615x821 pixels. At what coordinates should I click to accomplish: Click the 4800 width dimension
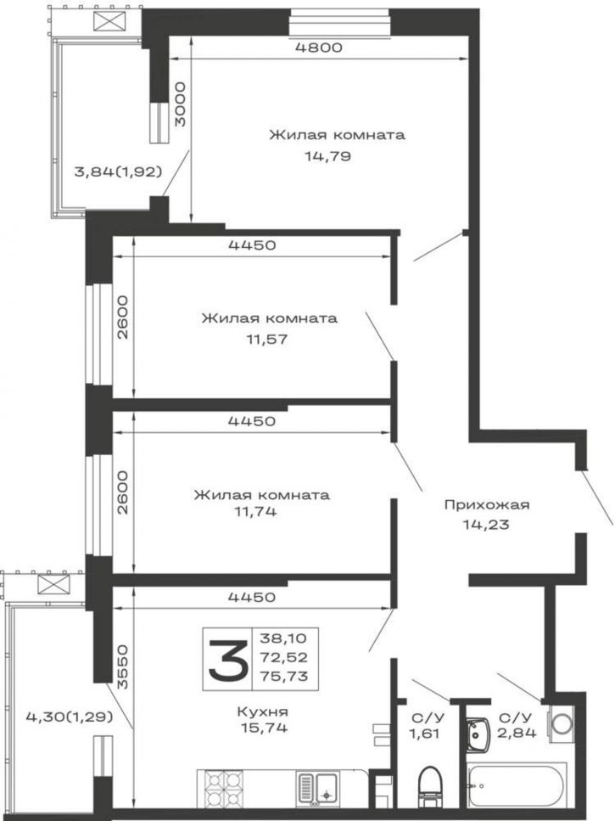pyautogui.click(x=318, y=48)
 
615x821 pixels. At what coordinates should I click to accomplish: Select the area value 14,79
pyautogui.click(x=328, y=156)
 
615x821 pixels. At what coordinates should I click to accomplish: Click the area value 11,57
pyautogui.click(x=267, y=339)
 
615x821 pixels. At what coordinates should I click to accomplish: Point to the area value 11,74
pyautogui.click(x=256, y=511)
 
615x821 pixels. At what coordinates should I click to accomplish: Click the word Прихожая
pyautogui.click(x=487, y=505)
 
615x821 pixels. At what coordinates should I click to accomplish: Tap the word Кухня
pyautogui.click(x=263, y=711)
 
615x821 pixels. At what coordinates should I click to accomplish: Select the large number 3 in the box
pyautogui.click(x=228, y=659)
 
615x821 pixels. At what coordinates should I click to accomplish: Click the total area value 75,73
pyautogui.click(x=283, y=676)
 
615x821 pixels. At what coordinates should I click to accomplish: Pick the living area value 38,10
pyautogui.click(x=283, y=638)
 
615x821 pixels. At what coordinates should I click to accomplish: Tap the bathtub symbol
pyautogui.click(x=517, y=786)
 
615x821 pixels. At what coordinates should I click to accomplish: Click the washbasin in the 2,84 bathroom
pyautogui.click(x=478, y=733)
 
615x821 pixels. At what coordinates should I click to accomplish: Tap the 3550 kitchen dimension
pyautogui.click(x=122, y=666)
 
